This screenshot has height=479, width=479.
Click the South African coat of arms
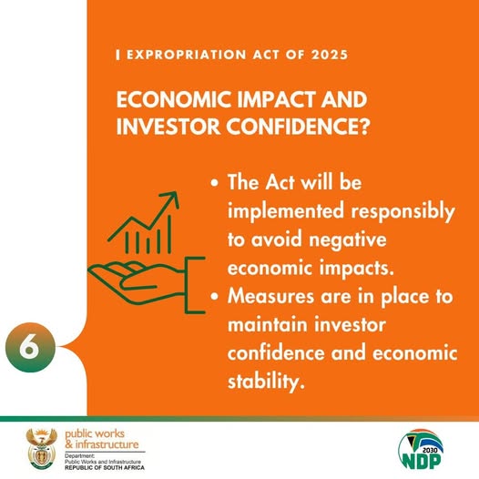tap(41, 447)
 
